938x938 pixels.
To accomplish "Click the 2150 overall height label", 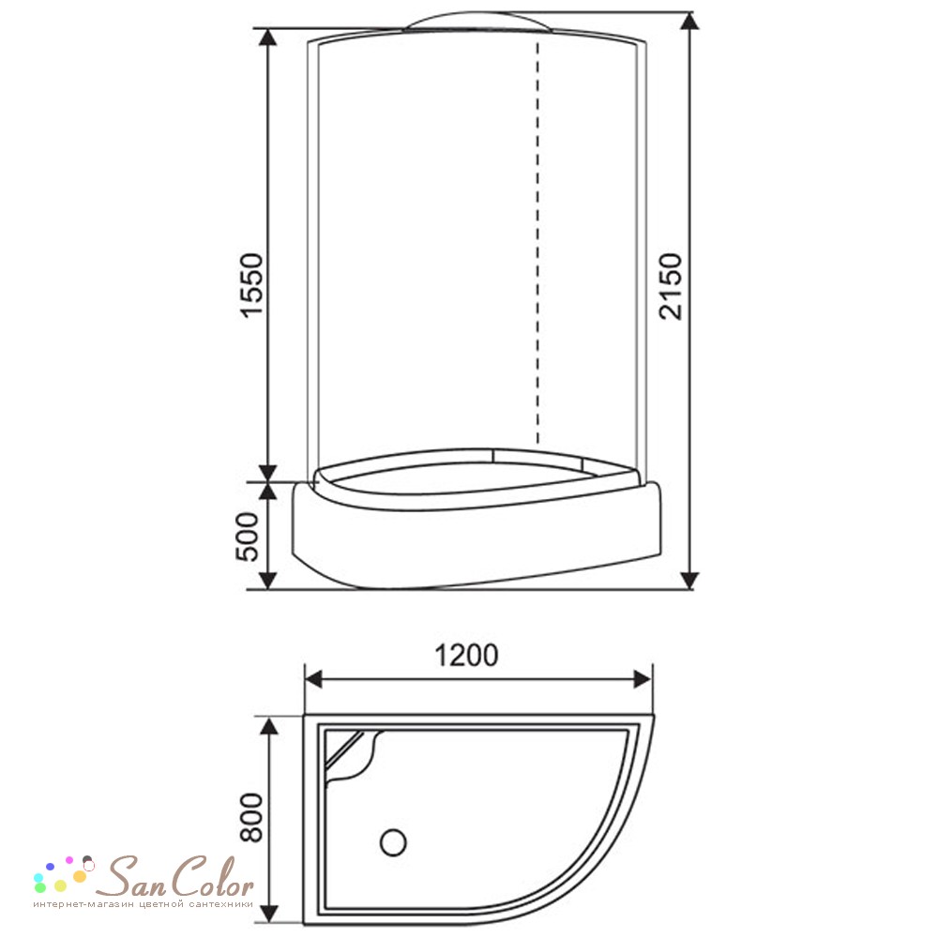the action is pos(671,286).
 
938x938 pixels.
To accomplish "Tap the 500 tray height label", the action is pos(248,537).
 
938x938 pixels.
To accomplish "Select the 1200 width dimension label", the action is pos(466,655).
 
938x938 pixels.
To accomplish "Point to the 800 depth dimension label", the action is pos(251,817).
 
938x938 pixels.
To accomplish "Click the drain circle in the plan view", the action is pos(393,841).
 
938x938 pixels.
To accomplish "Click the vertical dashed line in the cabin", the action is pos(537,242).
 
